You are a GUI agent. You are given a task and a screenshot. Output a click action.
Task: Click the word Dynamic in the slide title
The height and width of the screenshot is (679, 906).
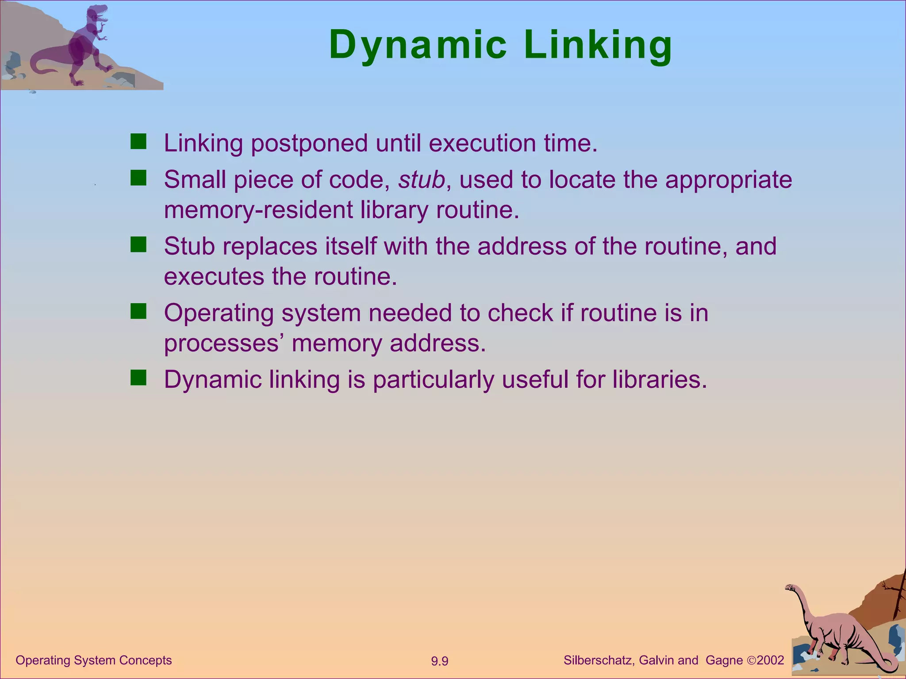[418, 45]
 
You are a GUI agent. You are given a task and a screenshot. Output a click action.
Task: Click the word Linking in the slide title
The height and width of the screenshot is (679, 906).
[598, 45]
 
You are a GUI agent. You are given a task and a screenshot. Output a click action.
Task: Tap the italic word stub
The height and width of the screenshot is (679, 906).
[421, 179]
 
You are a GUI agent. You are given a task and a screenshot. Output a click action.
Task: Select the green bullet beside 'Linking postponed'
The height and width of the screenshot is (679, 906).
[138, 142]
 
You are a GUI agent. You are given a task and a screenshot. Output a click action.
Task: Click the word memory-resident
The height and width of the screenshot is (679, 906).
[258, 210]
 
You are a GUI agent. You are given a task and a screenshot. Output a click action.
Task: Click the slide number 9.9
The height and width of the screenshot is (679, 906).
[440, 661]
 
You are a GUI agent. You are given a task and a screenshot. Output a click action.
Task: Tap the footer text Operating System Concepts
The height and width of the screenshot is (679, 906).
[94, 660]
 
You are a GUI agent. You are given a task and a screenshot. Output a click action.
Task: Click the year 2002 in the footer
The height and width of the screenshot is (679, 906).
[771, 660]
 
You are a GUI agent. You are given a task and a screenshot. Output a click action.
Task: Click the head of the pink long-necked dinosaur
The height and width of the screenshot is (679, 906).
[790, 588]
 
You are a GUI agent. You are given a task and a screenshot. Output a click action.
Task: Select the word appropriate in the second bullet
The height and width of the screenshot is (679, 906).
[729, 180]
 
